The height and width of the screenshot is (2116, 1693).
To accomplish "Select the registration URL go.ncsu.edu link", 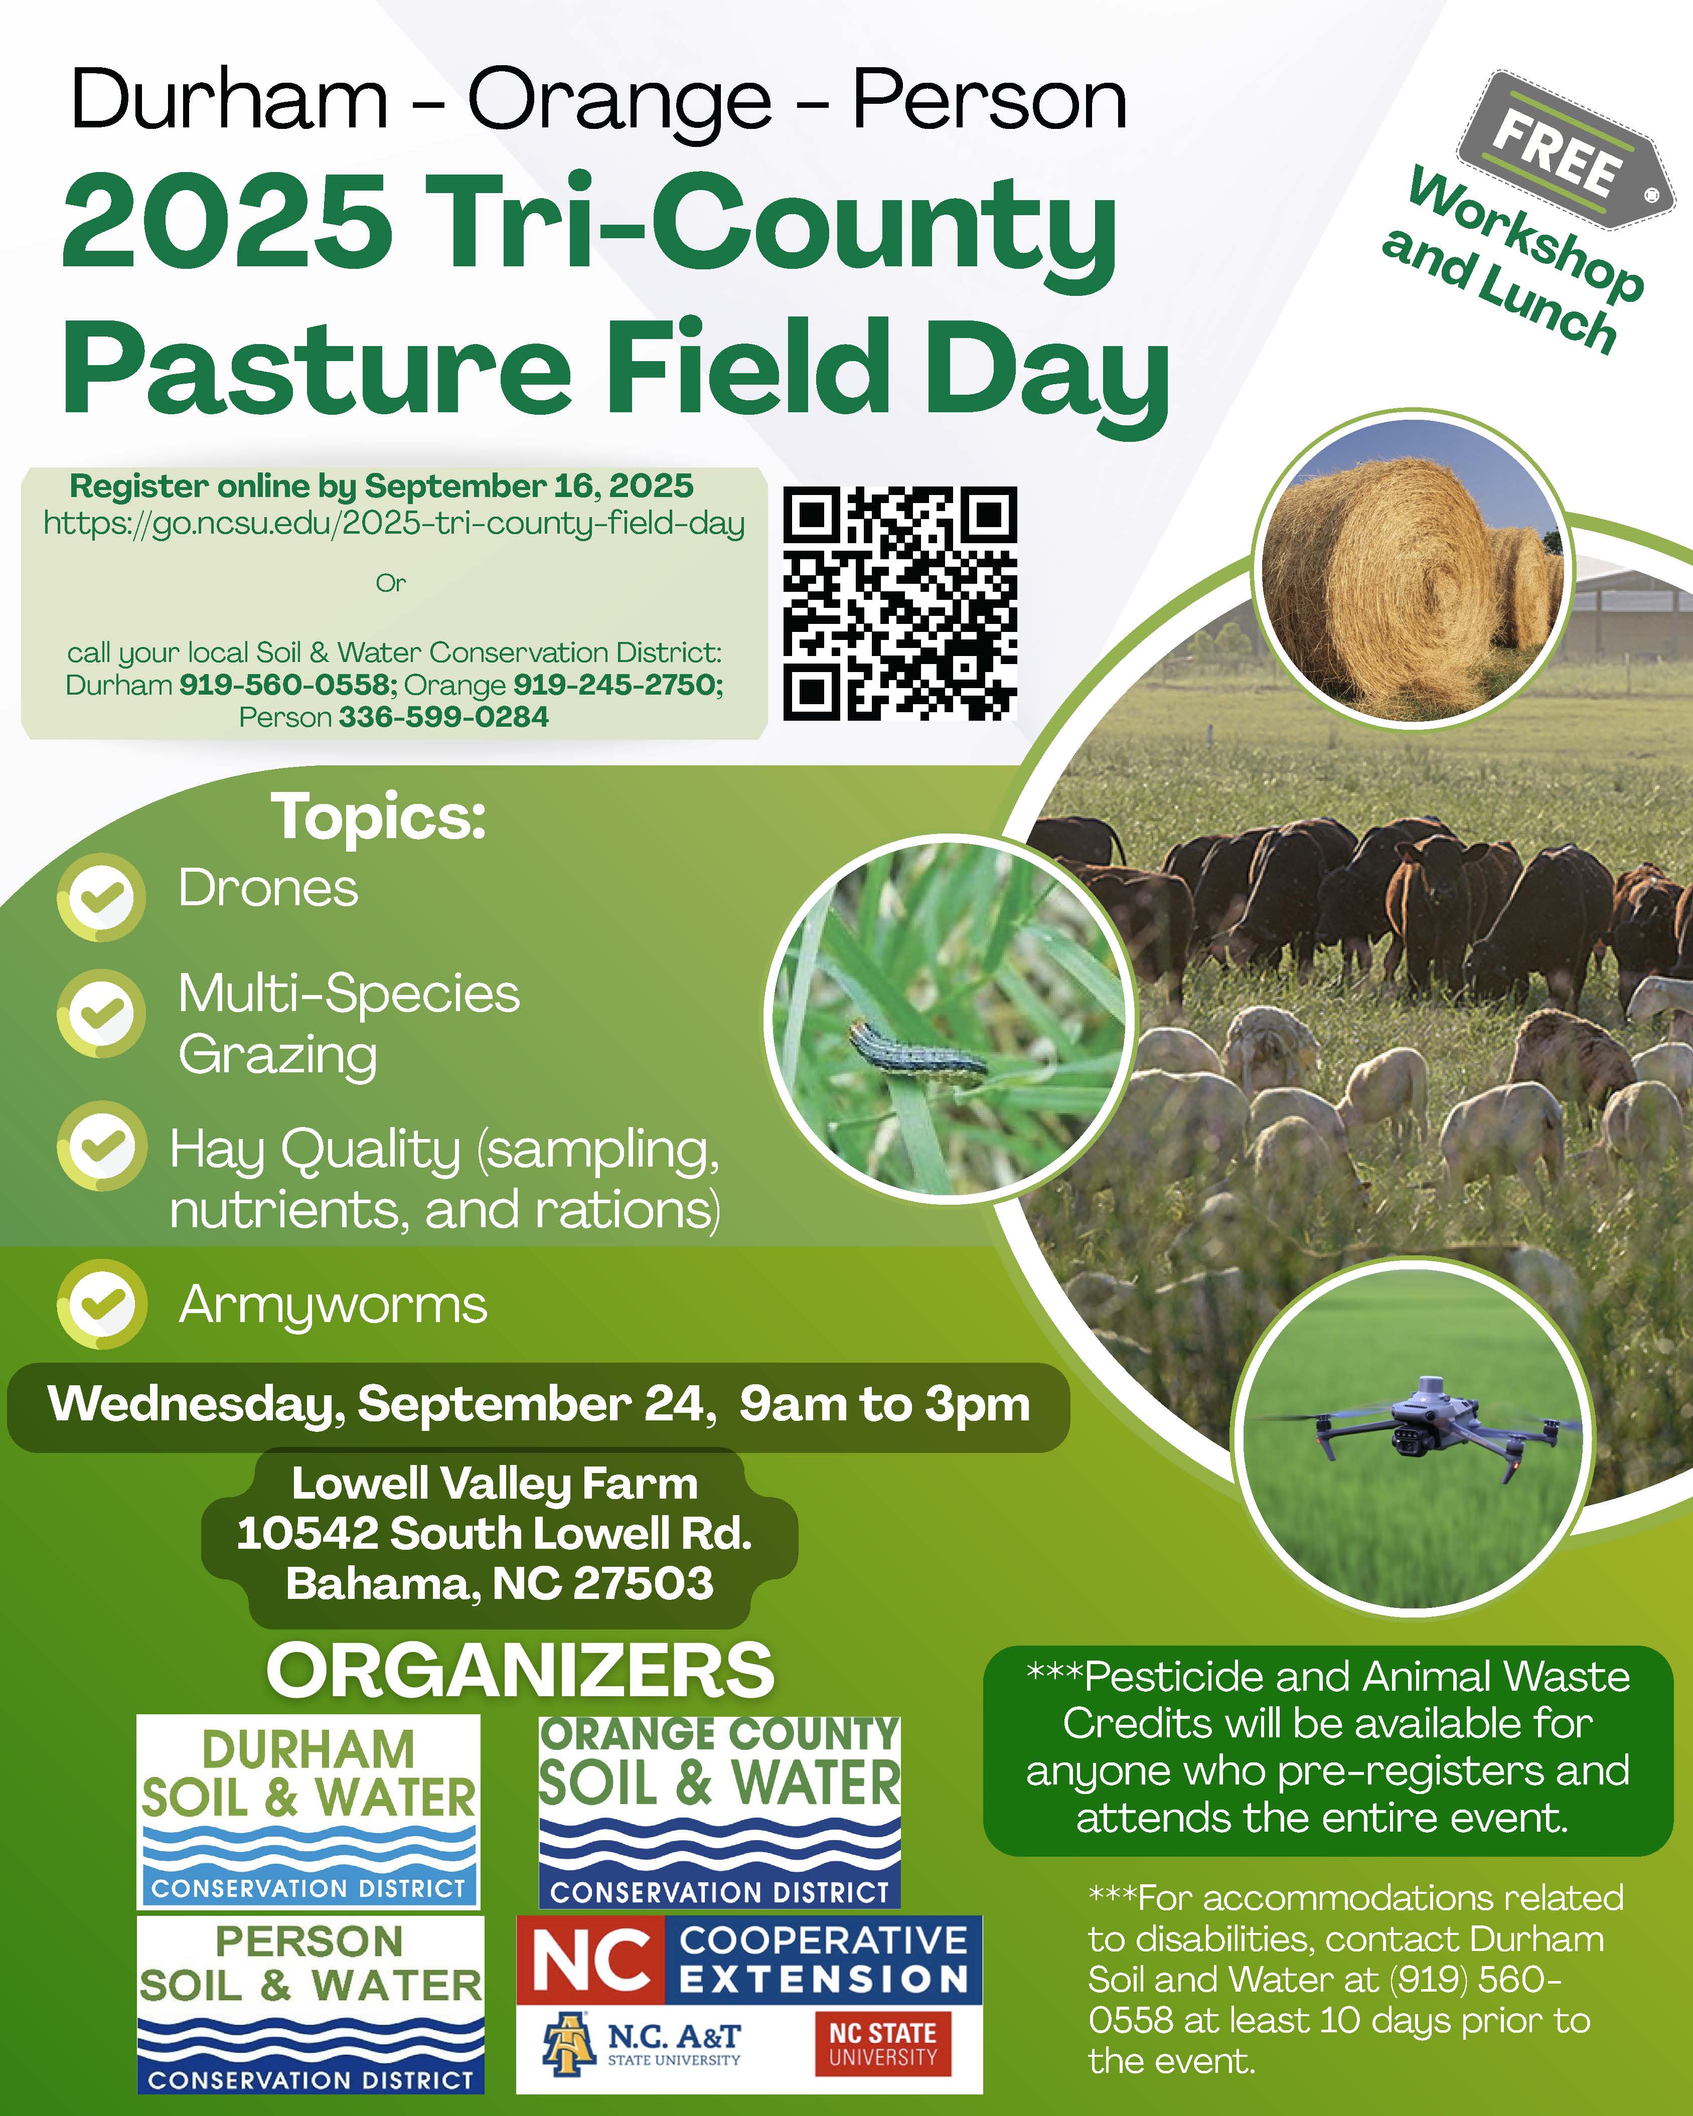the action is pyautogui.click(x=394, y=523).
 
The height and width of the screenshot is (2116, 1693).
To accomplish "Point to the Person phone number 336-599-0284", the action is pyautogui.click(x=443, y=717).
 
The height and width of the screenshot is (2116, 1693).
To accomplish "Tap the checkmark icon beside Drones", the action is pyautogui.click(x=101, y=897).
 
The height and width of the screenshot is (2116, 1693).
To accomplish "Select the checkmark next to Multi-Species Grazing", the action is pyautogui.click(x=101, y=1014).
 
